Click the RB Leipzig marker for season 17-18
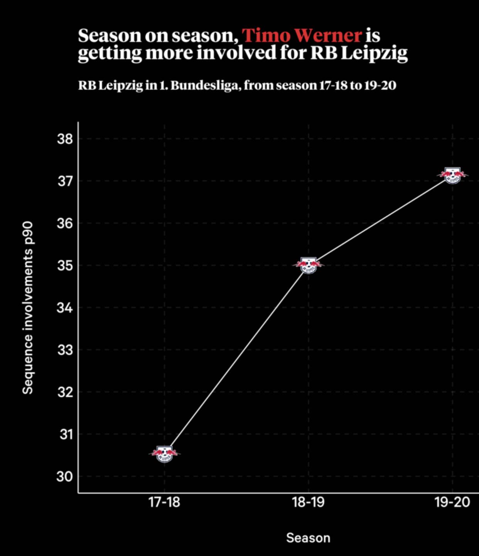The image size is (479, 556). pos(165,454)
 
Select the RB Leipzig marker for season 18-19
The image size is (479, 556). pos(308,265)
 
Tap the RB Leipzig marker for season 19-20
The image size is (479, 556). pos(452,175)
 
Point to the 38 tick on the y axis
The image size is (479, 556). pos(65,139)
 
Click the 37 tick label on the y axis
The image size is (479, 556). pos(65,181)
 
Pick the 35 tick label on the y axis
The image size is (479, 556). pos(65,265)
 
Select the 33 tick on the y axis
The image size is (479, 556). pos(65,350)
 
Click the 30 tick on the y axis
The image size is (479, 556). pos(65,477)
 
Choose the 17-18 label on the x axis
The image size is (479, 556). pos(164,502)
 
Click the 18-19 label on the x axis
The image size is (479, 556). pos(308,502)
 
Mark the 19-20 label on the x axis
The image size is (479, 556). pos(452,502)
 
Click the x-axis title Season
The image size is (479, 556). pos(308,538)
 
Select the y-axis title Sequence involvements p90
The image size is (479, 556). pos(28,308)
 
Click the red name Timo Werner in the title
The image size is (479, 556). pos(302,35)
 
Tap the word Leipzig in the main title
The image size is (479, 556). pos(374,53)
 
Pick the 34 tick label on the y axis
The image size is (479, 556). pos(65,308)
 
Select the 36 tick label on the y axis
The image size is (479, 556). pos(65,223)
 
